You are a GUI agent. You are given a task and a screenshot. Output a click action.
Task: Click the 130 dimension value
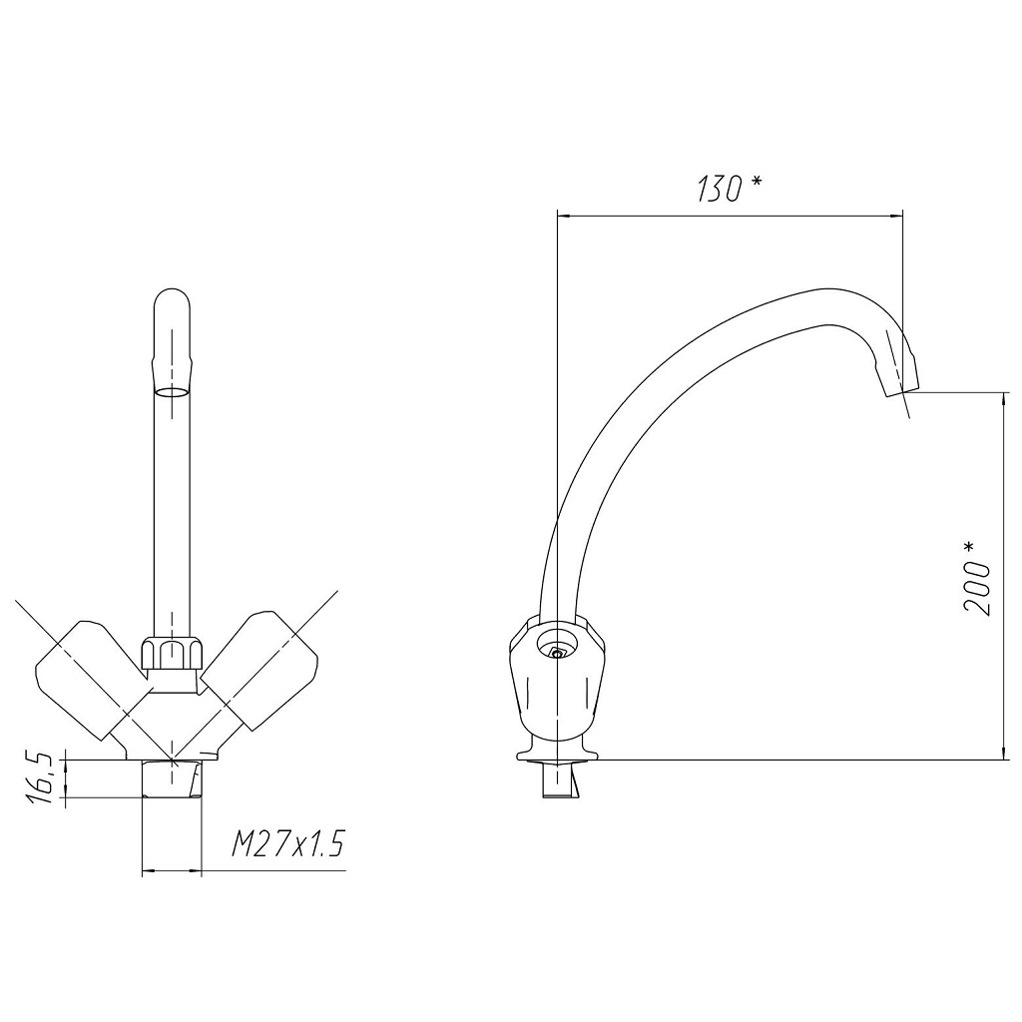[x=719, y=189]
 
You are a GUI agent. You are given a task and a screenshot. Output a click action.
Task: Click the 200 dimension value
[x=976, y=589]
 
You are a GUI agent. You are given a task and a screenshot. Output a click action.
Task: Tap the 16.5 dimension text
[x=40, y=777]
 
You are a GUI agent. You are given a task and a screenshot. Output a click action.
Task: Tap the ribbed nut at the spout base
[x=172, y=654]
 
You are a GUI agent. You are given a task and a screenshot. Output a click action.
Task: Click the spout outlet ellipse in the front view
[x=172, y=392]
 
